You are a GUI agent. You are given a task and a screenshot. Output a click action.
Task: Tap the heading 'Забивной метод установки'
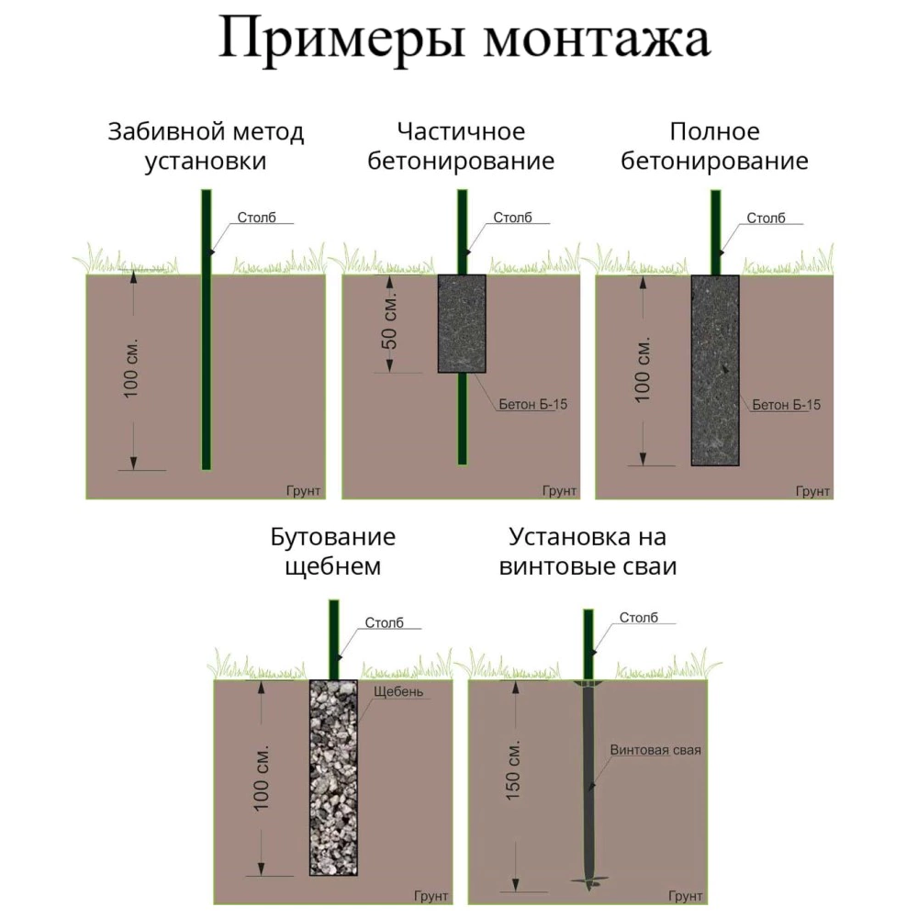(x=206, y=146)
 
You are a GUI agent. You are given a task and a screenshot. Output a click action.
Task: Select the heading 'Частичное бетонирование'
(x=461, y=146)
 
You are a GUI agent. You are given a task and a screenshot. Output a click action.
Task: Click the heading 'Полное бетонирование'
(x=714, y=146)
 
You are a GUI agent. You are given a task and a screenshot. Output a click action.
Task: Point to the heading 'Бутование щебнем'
(x=332, y=552)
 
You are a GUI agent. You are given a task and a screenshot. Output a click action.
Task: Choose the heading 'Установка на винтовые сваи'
(x=588, y=552)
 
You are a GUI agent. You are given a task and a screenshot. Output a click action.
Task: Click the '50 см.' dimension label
(x=390, y=321)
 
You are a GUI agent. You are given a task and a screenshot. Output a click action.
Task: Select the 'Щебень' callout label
(x=398, y=691)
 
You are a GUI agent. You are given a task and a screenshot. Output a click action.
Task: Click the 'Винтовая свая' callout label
(x=655, y=750)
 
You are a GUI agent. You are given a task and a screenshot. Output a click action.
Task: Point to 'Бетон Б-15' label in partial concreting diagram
(x=532, y=405)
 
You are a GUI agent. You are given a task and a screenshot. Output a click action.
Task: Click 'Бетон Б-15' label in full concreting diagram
(x=787, y=405)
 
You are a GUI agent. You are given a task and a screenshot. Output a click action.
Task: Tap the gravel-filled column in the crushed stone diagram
(x=333, y=778)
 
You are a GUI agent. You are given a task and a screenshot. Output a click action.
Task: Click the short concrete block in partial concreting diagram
(x=462, y=324)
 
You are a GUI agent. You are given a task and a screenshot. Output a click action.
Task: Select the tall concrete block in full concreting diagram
(x=715, y=370)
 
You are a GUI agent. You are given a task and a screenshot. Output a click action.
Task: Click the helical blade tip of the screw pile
(x=588, y=881)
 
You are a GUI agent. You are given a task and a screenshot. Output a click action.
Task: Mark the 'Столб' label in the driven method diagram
(x=256, y=218)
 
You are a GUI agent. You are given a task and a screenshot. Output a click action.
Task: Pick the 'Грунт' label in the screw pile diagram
(x=686, y=896)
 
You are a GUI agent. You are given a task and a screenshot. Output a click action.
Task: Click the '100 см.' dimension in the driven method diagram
(x=131, y=368)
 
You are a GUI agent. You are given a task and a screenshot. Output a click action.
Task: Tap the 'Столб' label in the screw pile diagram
(x=639, y=618)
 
